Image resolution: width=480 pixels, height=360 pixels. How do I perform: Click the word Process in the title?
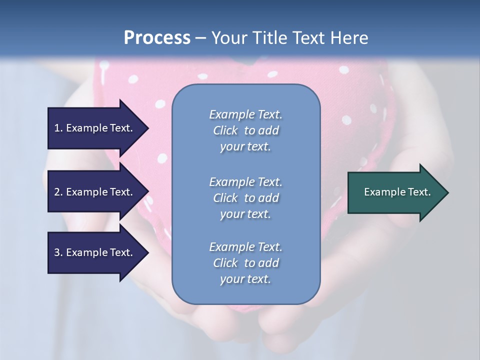[x=157, y=38]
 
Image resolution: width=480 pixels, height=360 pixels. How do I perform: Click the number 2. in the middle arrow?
[x=58, y=192]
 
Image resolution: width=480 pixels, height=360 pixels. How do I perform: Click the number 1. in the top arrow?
[x=58, y=128]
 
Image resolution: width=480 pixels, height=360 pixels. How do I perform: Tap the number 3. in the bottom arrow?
[x=58, y=252]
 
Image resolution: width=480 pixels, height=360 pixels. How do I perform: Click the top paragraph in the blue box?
[x=245, y=130]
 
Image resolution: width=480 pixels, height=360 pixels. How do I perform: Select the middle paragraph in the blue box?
[x=245, y=198]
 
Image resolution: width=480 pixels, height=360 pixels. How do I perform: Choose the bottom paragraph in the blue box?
[x=245, y=263]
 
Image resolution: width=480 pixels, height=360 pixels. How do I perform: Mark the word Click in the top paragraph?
[x=225, y=130]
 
